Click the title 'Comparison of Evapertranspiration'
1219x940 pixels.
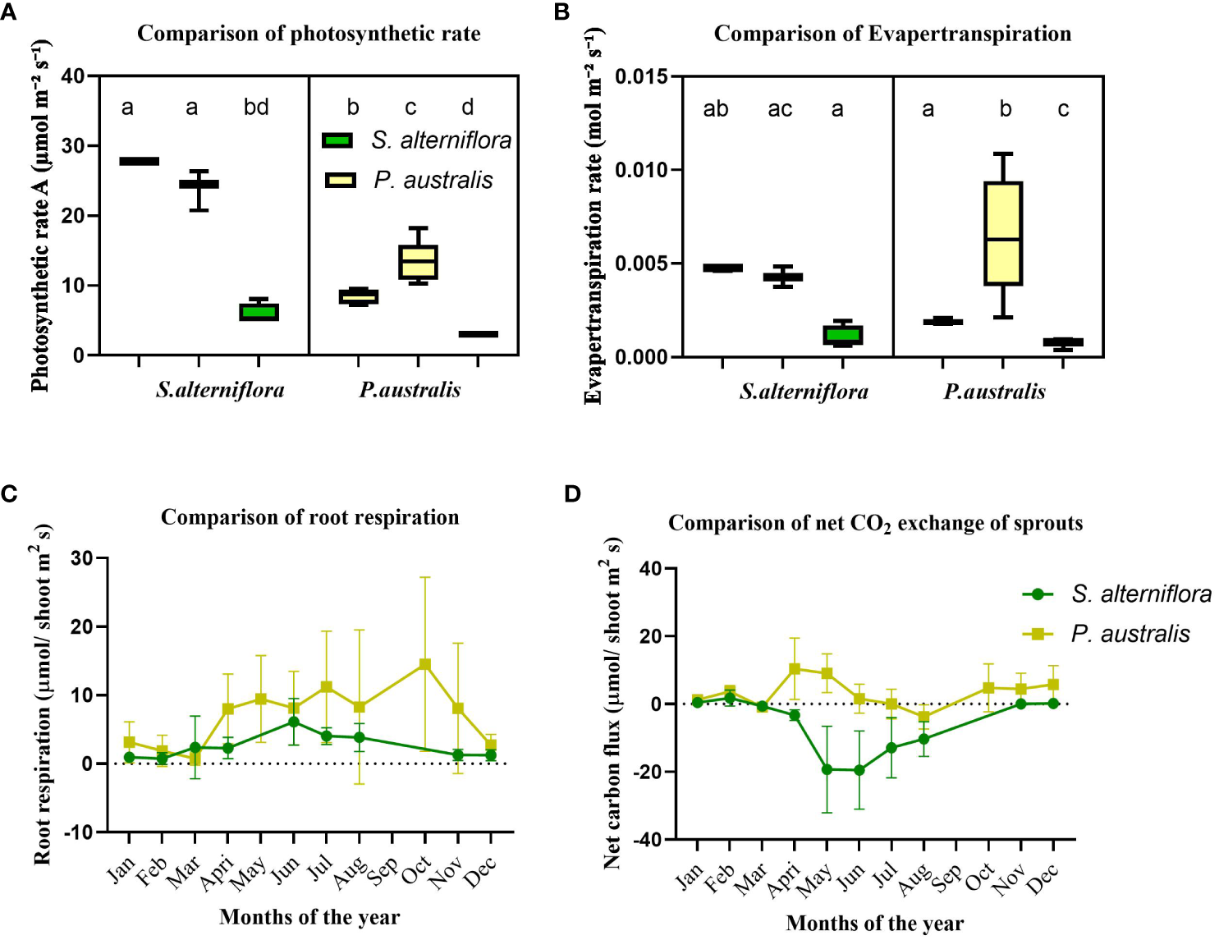pos(892,34)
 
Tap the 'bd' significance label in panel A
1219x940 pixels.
pos(256,107)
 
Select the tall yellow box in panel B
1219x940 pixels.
pos(1003,234)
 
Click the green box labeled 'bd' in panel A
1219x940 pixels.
pos(259,312)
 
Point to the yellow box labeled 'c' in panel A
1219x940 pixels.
pos(418,262)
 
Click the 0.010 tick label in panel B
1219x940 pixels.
pos(643,170)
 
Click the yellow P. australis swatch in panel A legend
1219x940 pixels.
pos(340,180)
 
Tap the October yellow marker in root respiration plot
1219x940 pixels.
pos(424,664)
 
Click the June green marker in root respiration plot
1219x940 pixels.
pos(293,722)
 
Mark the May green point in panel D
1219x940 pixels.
pos(827,769)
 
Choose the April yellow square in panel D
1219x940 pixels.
pos(795,669)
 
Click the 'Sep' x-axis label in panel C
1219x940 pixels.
pos(383,871)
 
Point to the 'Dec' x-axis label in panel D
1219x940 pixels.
pos(1043,880)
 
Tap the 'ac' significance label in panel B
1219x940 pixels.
pos(780,109)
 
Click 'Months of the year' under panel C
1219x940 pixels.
pos(309,917)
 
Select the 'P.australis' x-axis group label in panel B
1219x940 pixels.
pos(994,392)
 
